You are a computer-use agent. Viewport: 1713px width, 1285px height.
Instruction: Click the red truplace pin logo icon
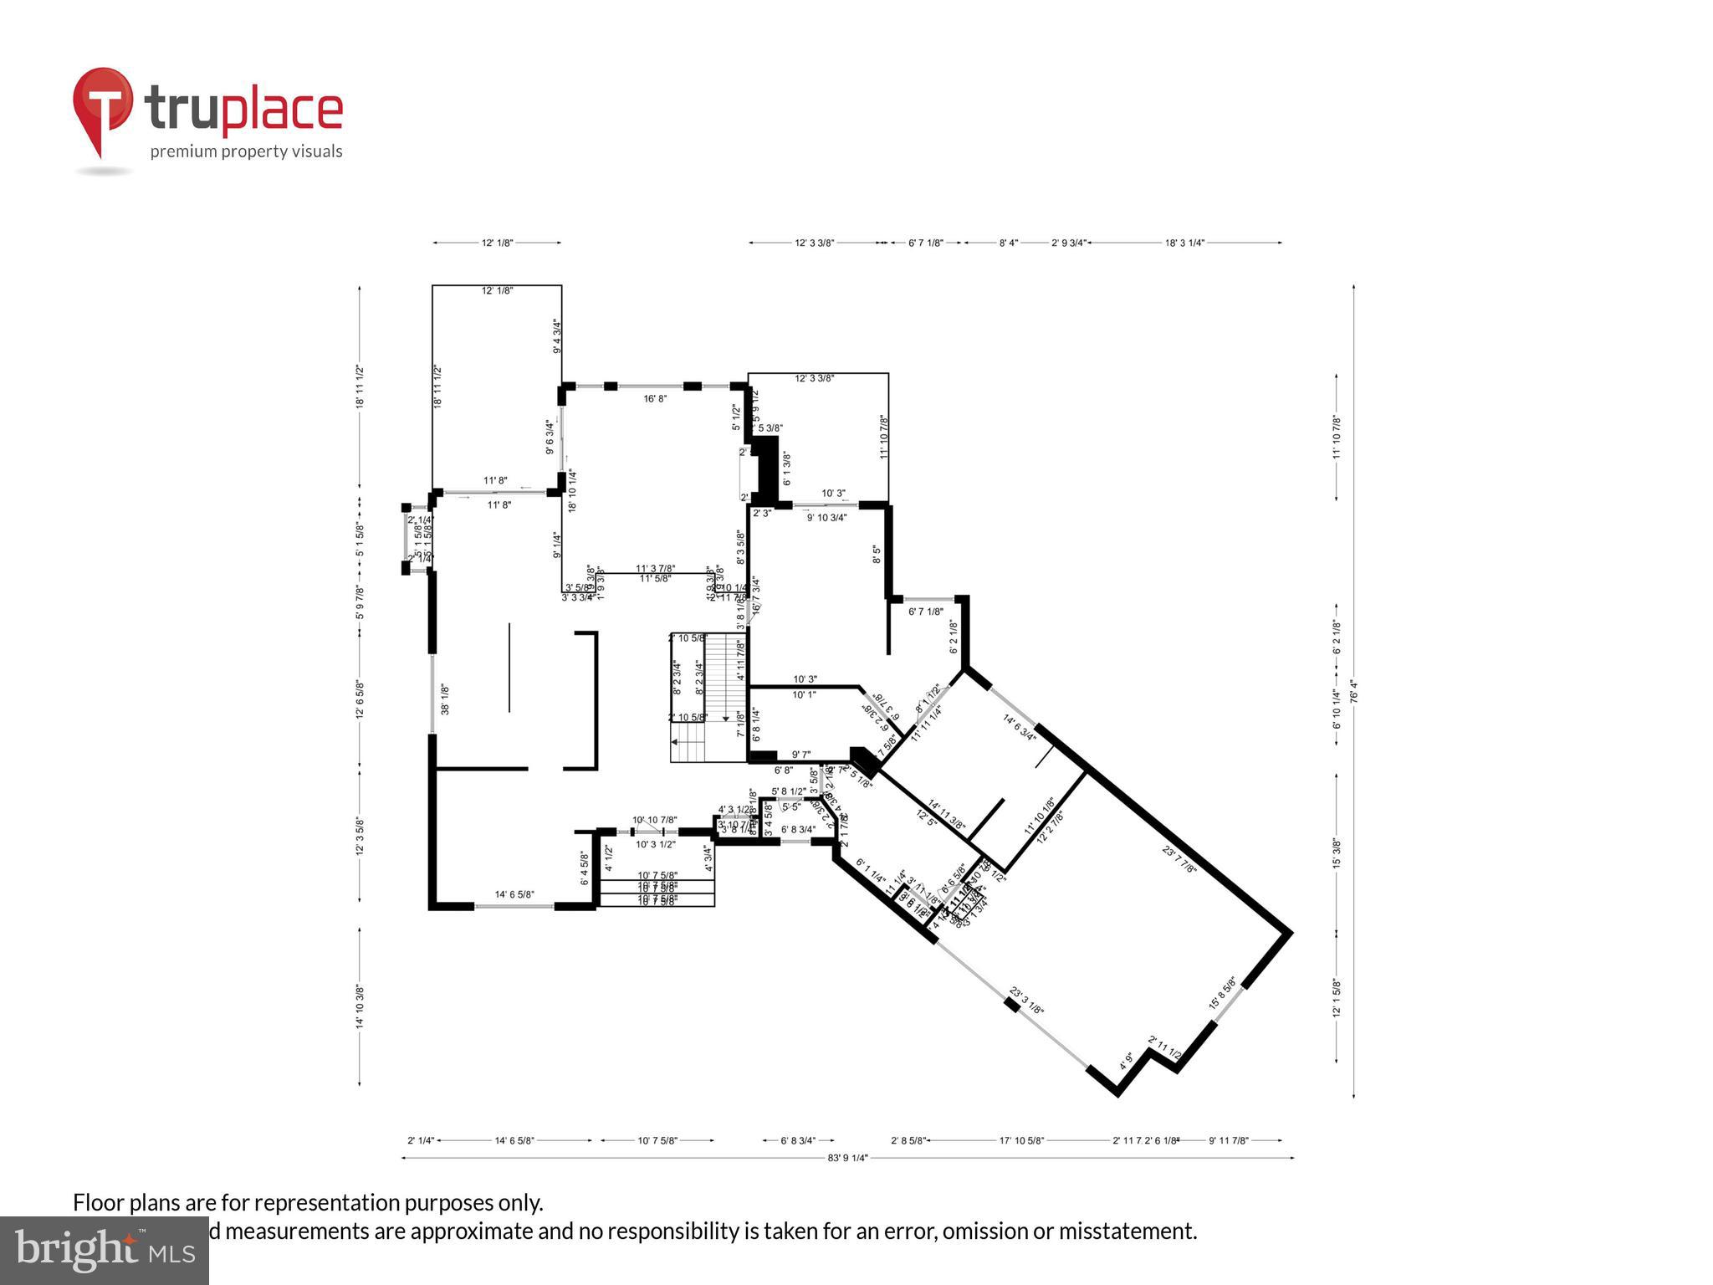102,109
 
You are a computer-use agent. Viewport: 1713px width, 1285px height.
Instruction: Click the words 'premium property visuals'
246,151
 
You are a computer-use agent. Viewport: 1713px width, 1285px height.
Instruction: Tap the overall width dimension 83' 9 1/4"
847,1158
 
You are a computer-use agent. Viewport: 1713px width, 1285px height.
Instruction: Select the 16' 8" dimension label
655,399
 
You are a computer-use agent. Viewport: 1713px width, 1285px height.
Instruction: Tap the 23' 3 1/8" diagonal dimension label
1026,1001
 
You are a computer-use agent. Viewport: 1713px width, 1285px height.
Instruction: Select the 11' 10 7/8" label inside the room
883,437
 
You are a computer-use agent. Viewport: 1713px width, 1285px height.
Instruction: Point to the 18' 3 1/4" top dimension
1184,243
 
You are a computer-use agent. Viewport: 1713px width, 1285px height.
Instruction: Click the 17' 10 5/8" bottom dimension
1022,1140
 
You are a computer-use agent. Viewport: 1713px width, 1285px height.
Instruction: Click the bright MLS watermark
104,1250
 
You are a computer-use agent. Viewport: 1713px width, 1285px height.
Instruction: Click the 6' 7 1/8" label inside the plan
925,612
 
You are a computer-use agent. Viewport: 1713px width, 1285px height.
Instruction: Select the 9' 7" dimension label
802,754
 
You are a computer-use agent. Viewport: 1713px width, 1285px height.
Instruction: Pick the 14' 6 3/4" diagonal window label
1019,727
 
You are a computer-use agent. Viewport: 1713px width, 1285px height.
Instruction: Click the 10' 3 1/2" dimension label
655,844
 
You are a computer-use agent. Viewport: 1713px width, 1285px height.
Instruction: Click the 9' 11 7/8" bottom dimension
1228,1140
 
